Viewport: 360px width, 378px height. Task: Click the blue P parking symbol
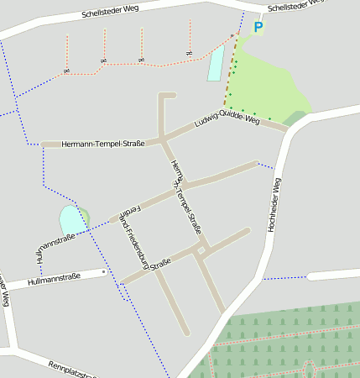(x=258, y=28)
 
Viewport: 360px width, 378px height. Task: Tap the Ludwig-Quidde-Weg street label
(x=227, y=121)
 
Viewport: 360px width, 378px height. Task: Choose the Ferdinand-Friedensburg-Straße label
(x=139, y=234)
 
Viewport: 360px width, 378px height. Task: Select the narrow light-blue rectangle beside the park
(x=217, y=63)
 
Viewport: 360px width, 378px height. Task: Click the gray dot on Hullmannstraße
(x=103, y=272)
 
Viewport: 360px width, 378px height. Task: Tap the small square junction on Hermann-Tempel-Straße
(x=201, y=249)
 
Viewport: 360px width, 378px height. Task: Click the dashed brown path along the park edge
(x=229, y=76)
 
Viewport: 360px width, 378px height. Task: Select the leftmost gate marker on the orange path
(x=66, y=71)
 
